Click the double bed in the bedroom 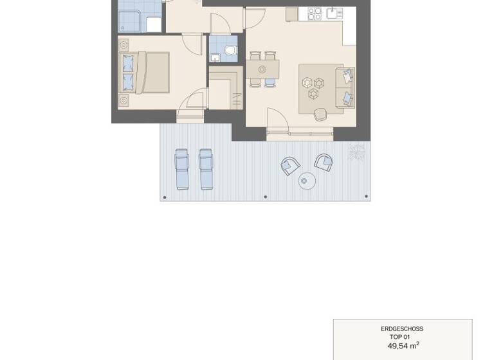(145, 72)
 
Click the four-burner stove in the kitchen (315, 13)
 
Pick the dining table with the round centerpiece (262, 69)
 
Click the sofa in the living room (345, 87)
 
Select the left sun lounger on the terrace (182, 169)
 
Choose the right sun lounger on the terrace (206, 169)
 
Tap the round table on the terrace (307, 181)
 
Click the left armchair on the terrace (290, 166)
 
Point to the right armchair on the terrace (323, 162)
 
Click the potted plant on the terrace (356, 152)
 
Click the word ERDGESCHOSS (402, 329)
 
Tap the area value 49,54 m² (403, 345)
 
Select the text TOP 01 (400, 337)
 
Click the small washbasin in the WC (215, 58)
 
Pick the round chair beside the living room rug (320, 114)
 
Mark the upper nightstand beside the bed (123, 45)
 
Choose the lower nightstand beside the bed (123, 100)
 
